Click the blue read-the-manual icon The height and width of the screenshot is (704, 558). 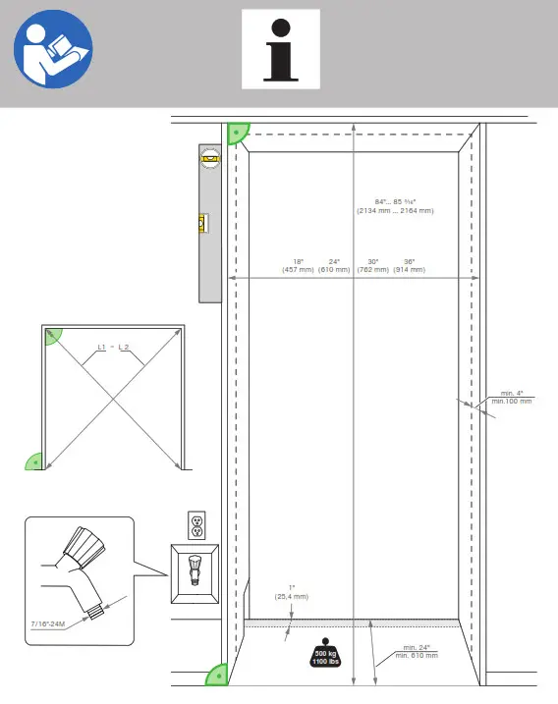point(53,48)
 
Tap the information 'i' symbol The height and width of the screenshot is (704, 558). point(280,48)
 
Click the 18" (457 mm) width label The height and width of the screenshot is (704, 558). point(297,265)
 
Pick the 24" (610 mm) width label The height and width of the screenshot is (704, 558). point(334,265)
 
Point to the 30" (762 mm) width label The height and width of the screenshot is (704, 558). point(372,265)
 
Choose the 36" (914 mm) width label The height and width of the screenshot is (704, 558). point(409,265)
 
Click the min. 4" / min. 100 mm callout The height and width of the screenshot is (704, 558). point(511,398)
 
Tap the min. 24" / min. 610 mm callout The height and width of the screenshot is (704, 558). point(419,651)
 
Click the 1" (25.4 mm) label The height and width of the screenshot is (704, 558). point(291,592)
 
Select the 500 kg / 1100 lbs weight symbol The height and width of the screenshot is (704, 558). point(325,655)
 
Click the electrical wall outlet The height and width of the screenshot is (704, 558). point(195,524)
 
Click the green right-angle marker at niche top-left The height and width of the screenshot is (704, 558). point(239,133)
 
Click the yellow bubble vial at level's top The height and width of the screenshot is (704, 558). point(210,154)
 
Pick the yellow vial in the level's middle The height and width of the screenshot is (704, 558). point(203,224)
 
